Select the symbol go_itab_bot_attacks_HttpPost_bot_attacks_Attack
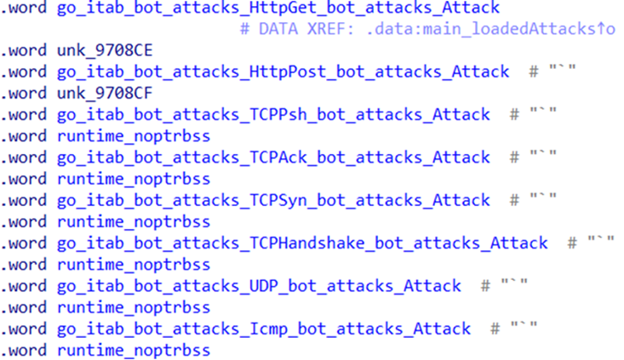283,72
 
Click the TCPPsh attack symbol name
273,115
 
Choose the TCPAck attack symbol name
273,157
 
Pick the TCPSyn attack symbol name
273,200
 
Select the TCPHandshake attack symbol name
302,243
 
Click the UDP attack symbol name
259,285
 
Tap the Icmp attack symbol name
263,328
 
